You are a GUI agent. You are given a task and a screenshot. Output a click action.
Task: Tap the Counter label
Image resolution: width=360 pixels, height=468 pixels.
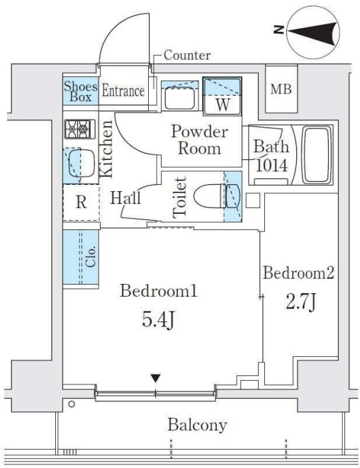click(x=187, y=55)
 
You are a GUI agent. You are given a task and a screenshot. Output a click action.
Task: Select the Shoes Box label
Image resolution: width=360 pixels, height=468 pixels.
click(x=80, y=91)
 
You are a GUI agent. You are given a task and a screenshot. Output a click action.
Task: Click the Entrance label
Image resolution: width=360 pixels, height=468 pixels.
click(x=123, y=91)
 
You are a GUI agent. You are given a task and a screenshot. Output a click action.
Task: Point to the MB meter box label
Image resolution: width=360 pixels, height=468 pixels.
click(x=281, y=89)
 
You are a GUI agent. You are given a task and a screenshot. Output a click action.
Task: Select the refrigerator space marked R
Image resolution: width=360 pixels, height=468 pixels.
click(x=81, y=202)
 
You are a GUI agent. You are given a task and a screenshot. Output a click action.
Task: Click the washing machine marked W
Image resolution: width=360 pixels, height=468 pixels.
click(x=222, y=96)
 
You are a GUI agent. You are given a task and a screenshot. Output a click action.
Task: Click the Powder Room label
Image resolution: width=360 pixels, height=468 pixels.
click(x=199, y=139)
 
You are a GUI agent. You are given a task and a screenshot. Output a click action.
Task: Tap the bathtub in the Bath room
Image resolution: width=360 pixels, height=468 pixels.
click(x=317, y=155)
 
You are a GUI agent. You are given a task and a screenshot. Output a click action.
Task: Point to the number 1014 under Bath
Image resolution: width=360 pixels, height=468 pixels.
click(x=272, y=166)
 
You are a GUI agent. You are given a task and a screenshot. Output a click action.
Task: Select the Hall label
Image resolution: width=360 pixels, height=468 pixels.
click(x=125, y=198)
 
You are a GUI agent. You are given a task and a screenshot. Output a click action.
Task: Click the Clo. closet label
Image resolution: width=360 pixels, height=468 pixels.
click(x=91, y=256)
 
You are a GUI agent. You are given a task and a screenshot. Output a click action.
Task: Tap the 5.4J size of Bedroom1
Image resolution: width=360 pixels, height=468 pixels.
click(x=157, y=320)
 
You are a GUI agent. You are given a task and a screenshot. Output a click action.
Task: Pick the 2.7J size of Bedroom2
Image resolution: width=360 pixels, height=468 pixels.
click(x=300, y=302)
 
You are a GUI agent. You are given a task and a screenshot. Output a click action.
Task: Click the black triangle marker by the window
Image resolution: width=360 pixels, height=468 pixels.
click(x=156, y=378)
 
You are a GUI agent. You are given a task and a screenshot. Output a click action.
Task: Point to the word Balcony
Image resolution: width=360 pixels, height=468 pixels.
click(x=197, y=425)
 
